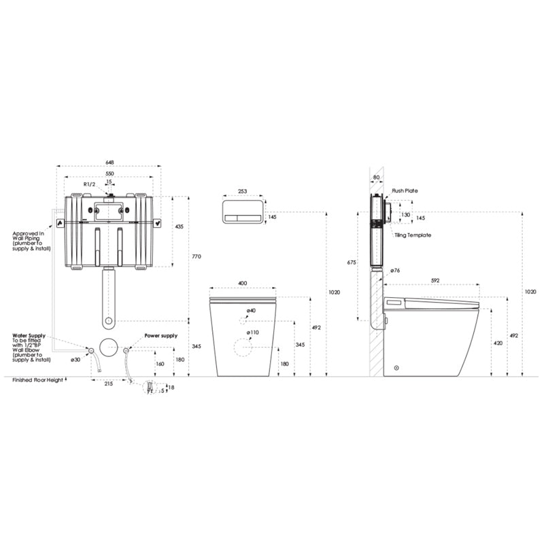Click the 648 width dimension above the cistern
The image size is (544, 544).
[109, 162]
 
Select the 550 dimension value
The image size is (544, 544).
[109, 174]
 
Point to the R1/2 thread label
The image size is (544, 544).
[90, 184]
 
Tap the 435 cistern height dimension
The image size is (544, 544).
[179, 226]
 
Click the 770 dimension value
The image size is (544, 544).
[197, 256]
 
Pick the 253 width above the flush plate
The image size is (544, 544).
[243, 192]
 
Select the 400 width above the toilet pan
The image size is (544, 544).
[243, 284]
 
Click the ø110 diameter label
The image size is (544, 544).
[252, 333]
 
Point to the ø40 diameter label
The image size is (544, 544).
[251, 311]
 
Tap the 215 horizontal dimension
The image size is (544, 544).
[109, 384]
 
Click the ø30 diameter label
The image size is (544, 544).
[75, 360]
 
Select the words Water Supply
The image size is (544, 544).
[29, 335]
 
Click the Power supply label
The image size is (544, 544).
[161, 336]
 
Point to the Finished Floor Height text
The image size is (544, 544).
[38, 380]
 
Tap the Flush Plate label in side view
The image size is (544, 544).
[405, 191]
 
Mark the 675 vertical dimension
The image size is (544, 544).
[352, 262]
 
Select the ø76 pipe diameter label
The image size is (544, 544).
[394, 271]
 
